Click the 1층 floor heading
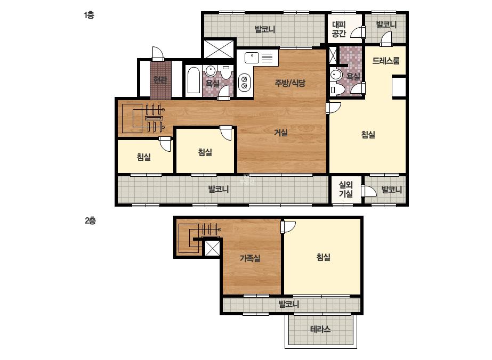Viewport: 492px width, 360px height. click(89, 15)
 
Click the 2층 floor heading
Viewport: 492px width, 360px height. click(90, 220)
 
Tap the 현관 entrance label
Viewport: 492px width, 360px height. click(160, 80)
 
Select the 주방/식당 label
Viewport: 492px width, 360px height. click(290, 83)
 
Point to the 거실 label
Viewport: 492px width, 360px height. click(281, 132)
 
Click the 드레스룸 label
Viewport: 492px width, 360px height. click(386, 61)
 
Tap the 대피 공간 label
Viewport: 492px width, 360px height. click(339, 29)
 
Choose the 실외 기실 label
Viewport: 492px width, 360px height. click(346, 189)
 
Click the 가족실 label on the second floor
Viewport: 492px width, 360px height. click(250, 258)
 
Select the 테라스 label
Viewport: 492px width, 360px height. click(320, 329)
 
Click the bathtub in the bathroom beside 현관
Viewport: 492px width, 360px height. click(193, 80)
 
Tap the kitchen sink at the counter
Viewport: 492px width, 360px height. click(252, 58)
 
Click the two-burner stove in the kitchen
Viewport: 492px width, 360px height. click(245, 81)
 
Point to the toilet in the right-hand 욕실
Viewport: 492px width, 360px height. click(333, 89)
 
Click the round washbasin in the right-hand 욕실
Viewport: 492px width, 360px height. click(336, 75)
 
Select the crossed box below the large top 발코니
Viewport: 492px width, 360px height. click(219, 48)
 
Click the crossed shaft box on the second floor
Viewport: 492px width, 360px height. click(212, 249)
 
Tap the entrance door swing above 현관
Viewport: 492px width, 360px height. click(158, 54)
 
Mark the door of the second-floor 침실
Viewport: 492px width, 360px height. click(288, 226)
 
